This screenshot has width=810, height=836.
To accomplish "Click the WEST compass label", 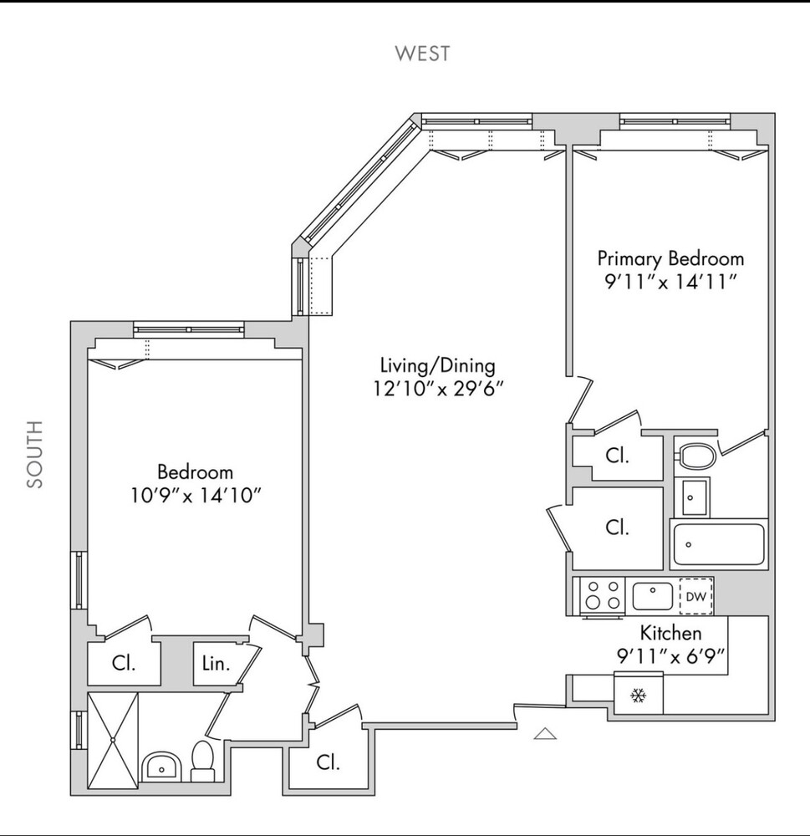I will tap(422, 54).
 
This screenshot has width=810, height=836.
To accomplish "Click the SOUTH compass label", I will tap(34, 455).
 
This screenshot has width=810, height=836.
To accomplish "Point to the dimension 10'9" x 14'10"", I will tap(196, 495).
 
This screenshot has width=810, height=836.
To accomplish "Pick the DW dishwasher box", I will tap(695, 597).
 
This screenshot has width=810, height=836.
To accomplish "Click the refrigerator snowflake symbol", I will tap(639, 696).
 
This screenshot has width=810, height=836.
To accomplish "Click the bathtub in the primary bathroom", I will tap(718, 544).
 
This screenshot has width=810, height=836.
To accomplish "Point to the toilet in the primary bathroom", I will tap(695, 456).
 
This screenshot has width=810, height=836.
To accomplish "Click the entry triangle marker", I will tap(545, 734).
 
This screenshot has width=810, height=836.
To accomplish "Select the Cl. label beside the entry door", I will tap(328, 762).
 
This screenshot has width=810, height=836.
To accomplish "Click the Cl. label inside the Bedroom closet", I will tap(124, 663).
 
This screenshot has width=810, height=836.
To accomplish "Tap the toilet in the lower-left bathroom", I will tap(202, 759).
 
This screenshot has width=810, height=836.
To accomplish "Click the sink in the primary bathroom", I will tap(691, 498).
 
